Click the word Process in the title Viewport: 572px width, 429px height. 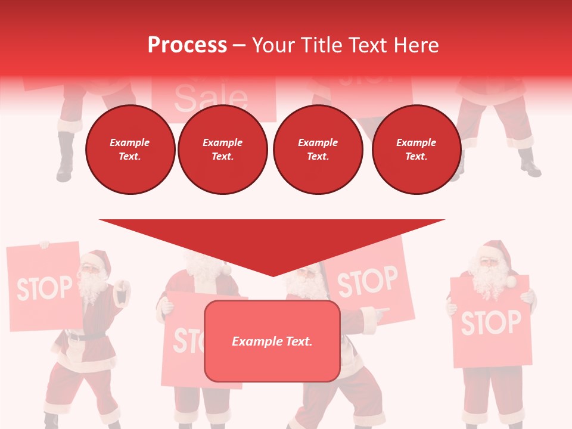[x=187, y=45]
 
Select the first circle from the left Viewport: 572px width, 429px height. [x=130, y=150]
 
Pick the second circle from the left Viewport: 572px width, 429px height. [x=222, y=150]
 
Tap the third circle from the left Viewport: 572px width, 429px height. [x=318, y=150]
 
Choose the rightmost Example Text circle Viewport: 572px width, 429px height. [x=416, y=150]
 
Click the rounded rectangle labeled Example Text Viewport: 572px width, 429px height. [x=272, y=341]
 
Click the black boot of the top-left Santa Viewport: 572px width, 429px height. [x=65, y=158]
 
